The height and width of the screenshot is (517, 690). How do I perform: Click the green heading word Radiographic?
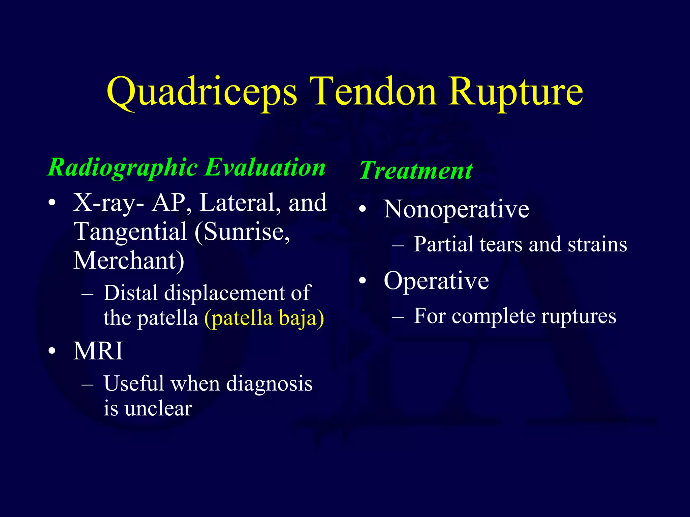tap(123, 168)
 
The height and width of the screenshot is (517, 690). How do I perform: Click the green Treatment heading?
tap(416, 170)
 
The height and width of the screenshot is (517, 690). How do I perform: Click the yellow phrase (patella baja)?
tap(264, 318)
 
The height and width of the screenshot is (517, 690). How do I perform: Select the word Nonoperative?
tap(456, 209)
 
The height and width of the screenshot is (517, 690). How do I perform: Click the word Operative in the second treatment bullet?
tap(436, 281)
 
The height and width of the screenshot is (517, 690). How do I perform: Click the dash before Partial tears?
tap(398, 246)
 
